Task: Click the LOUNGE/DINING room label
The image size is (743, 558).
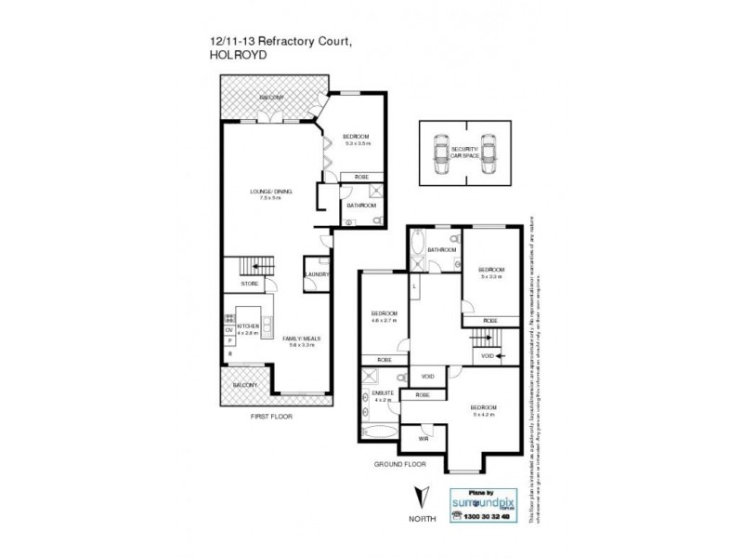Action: coord(270,192)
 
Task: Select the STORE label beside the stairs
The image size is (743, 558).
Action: coord(249,283)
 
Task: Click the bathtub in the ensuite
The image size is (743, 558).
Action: coord(378,432)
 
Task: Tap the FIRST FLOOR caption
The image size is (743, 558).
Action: coord(272,417)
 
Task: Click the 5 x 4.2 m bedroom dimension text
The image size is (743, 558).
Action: coord(484,416)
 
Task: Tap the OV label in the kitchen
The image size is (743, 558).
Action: coord(228,330)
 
